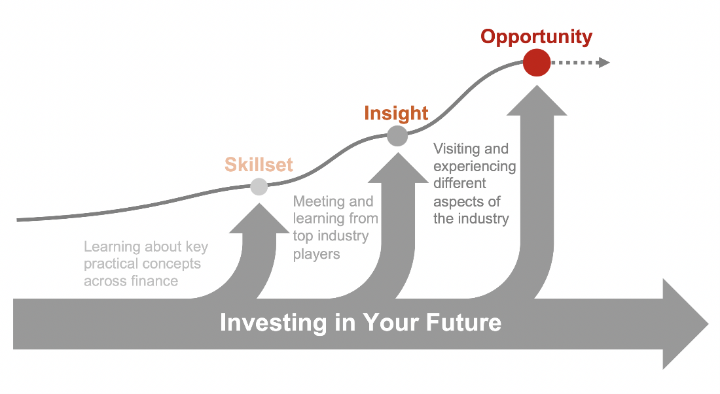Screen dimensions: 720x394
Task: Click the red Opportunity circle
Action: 536,62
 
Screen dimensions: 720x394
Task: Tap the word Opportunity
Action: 536,37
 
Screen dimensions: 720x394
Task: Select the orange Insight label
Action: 396,113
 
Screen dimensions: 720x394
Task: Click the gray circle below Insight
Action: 397,136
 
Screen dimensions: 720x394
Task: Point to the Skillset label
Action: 259,165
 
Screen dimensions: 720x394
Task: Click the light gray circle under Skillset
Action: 259,186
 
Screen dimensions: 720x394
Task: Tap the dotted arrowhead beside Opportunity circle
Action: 604,62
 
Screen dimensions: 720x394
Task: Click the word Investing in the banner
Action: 273,322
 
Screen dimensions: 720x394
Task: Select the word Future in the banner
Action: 463,322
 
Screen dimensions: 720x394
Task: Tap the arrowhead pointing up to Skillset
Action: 259,219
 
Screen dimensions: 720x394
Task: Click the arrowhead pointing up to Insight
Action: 398,169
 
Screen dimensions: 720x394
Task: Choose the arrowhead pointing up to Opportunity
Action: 537,101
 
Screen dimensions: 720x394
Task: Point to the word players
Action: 316,254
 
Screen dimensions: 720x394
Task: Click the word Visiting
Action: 457,149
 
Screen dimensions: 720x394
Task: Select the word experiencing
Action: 475,167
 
